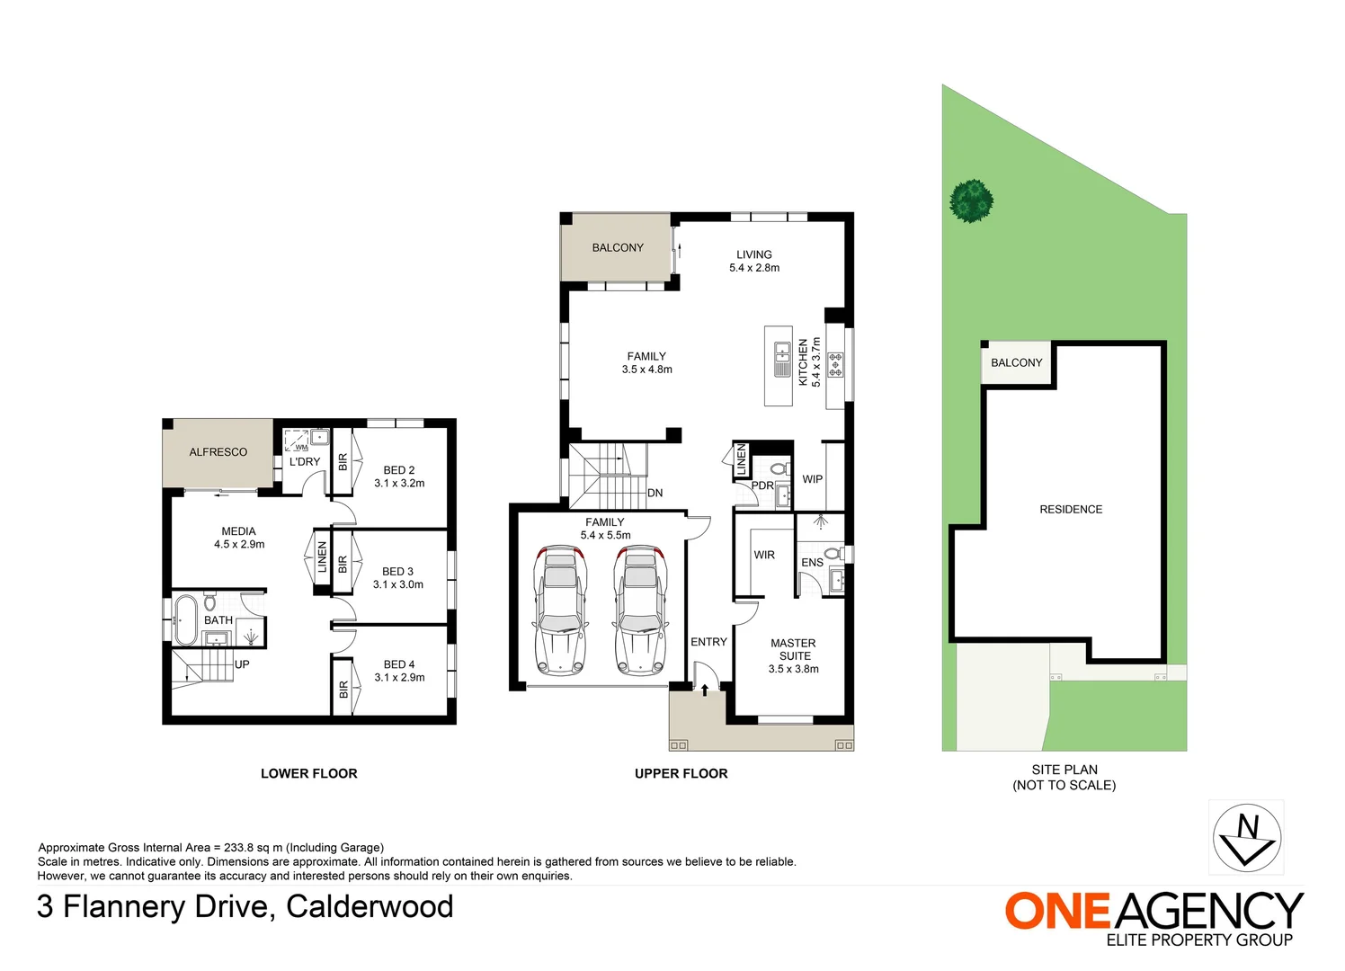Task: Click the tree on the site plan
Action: click(971, 201)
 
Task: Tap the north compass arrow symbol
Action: click(1246, 838)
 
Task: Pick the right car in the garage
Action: click(641, 610)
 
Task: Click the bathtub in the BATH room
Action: click(185, 619)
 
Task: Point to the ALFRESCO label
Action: click(218, 452)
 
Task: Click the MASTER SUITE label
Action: click(793, 649)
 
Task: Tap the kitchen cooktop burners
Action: click(835, 365)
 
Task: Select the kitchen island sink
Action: click(782, 359)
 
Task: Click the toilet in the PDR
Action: click(779, 468)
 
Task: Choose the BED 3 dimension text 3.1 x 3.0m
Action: click(398, 584)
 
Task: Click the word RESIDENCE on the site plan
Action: click(1071, 509)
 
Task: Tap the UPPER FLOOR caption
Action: click(681, 773)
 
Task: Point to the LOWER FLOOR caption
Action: click(308, 773)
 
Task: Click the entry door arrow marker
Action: click(705, 690)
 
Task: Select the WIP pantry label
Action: click(813, 479)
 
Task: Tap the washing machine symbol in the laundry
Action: click(296, 441)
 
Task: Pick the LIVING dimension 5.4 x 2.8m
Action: click(754, 268)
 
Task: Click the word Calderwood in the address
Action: click(370, 906)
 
